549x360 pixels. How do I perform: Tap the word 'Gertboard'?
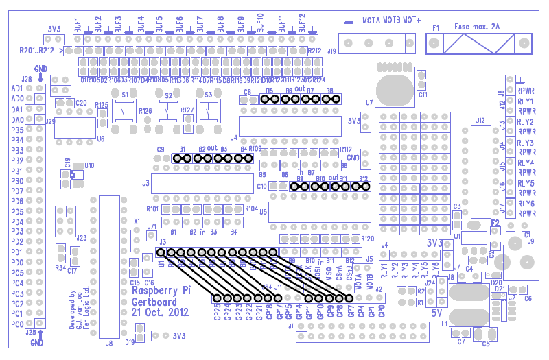pyautogui.click(x=154, y=300)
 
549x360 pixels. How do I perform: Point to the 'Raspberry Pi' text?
pyautogui.click(x=161, y=289)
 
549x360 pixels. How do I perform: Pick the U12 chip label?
pyautogui.click(x=479, y=120)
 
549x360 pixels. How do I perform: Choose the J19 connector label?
pyautogui.click(x=332, y=51)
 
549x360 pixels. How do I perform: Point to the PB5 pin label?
pyautogui.click(x=16, y=130)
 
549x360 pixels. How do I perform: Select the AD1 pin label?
pyautogui.click(x=16, y=88)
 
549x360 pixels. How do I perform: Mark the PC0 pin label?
pyautogui.click(x=16, y=324)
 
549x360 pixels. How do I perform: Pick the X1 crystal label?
pyautogui.click(x=137, y=221)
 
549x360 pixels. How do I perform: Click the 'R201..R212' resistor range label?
pyautogui.click(x=38, y=51)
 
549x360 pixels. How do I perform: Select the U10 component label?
pyautogui.click(x=89, y=165)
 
